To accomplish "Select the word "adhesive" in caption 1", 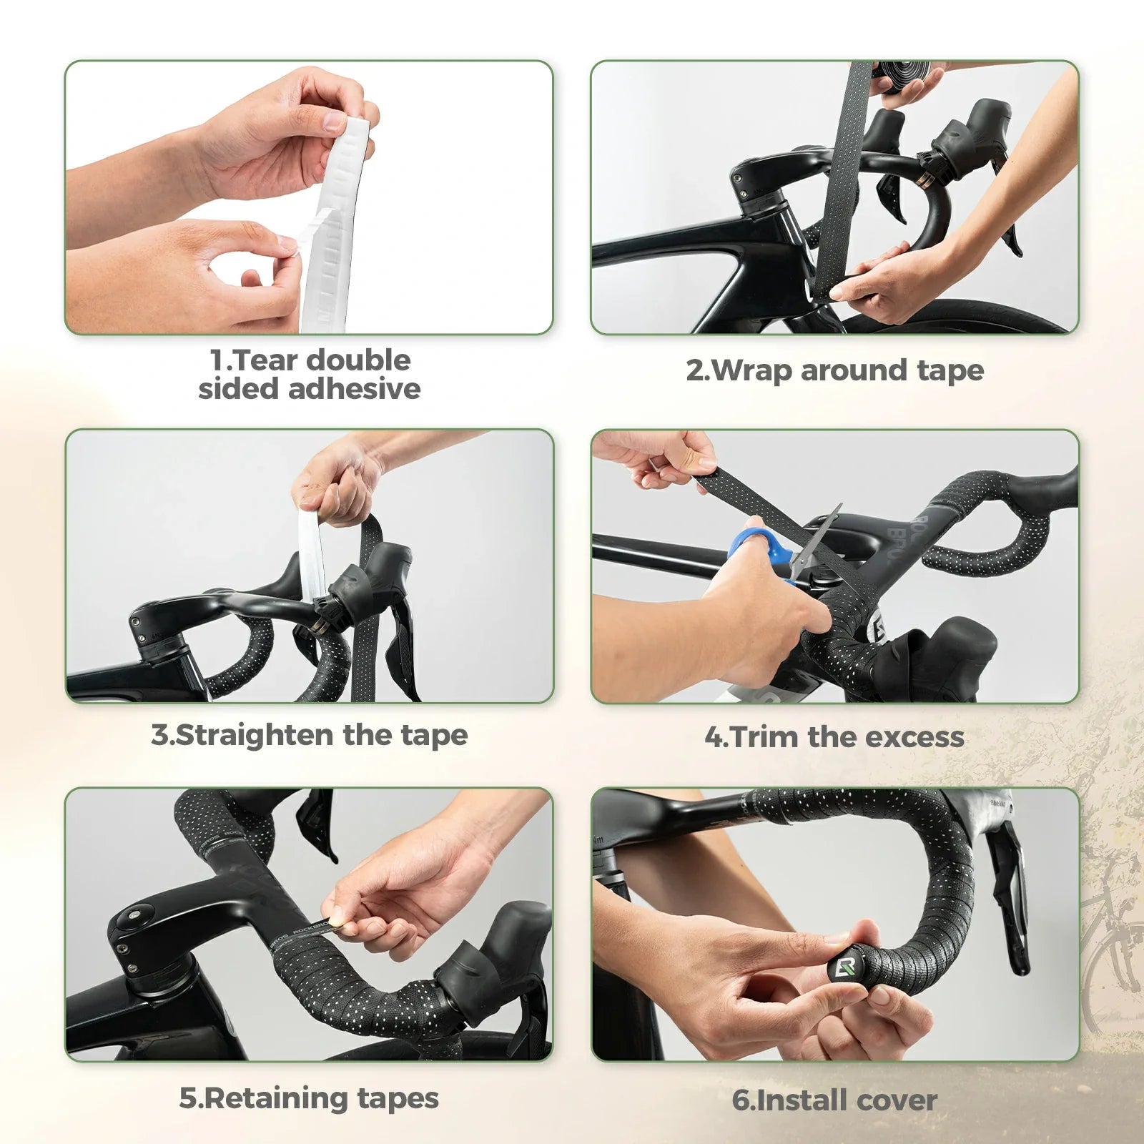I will (354, 389).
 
